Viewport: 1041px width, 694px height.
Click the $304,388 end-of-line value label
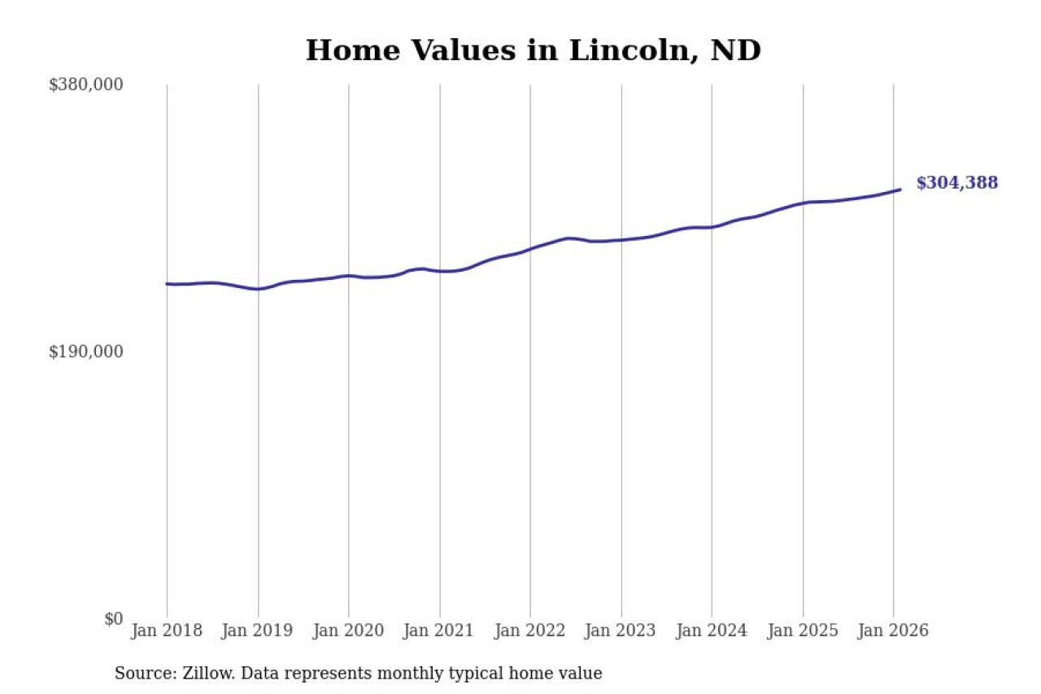click(956, 183)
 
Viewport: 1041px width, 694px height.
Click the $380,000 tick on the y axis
click(85, 85)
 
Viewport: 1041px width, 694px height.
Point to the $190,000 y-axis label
click(85, 351)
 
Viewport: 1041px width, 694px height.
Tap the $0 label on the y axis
click(113, 619)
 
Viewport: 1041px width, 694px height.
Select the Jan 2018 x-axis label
click(167, 631)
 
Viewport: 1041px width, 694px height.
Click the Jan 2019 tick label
click(258, 631)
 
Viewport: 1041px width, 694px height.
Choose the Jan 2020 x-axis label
click(349, 631)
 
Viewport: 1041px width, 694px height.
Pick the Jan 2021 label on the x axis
click(440, 631)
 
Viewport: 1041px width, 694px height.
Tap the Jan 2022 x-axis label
click(530, 631)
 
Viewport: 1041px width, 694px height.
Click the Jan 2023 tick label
click(621, 631)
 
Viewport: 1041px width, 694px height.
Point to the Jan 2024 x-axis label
click(712, 631)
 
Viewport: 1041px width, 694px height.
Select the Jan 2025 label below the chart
click(803, 631)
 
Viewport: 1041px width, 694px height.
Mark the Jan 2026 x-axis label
click(893, 631)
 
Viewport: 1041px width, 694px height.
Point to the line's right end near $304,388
click(900, 190)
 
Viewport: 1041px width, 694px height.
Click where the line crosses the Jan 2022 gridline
click(530, 248)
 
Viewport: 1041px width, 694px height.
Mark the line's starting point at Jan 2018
click(167, 284)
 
